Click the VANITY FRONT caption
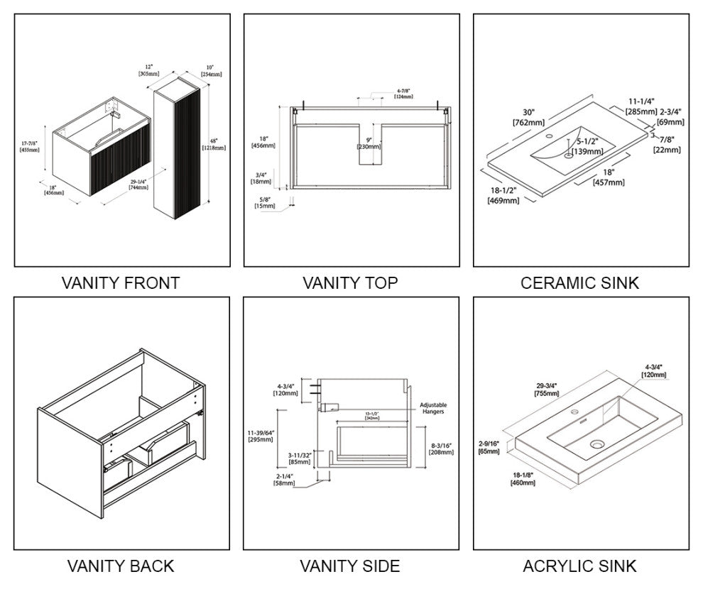[120, 282]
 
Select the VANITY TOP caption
[350, 282]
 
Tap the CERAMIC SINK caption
[579, 282]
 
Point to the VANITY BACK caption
[120, 566]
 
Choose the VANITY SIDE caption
[350, 566]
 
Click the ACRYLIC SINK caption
[579, 566]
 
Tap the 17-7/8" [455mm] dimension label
[30, 146]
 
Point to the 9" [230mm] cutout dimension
[369, 143]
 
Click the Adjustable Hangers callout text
[432, 409]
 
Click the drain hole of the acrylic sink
[595, 445]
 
